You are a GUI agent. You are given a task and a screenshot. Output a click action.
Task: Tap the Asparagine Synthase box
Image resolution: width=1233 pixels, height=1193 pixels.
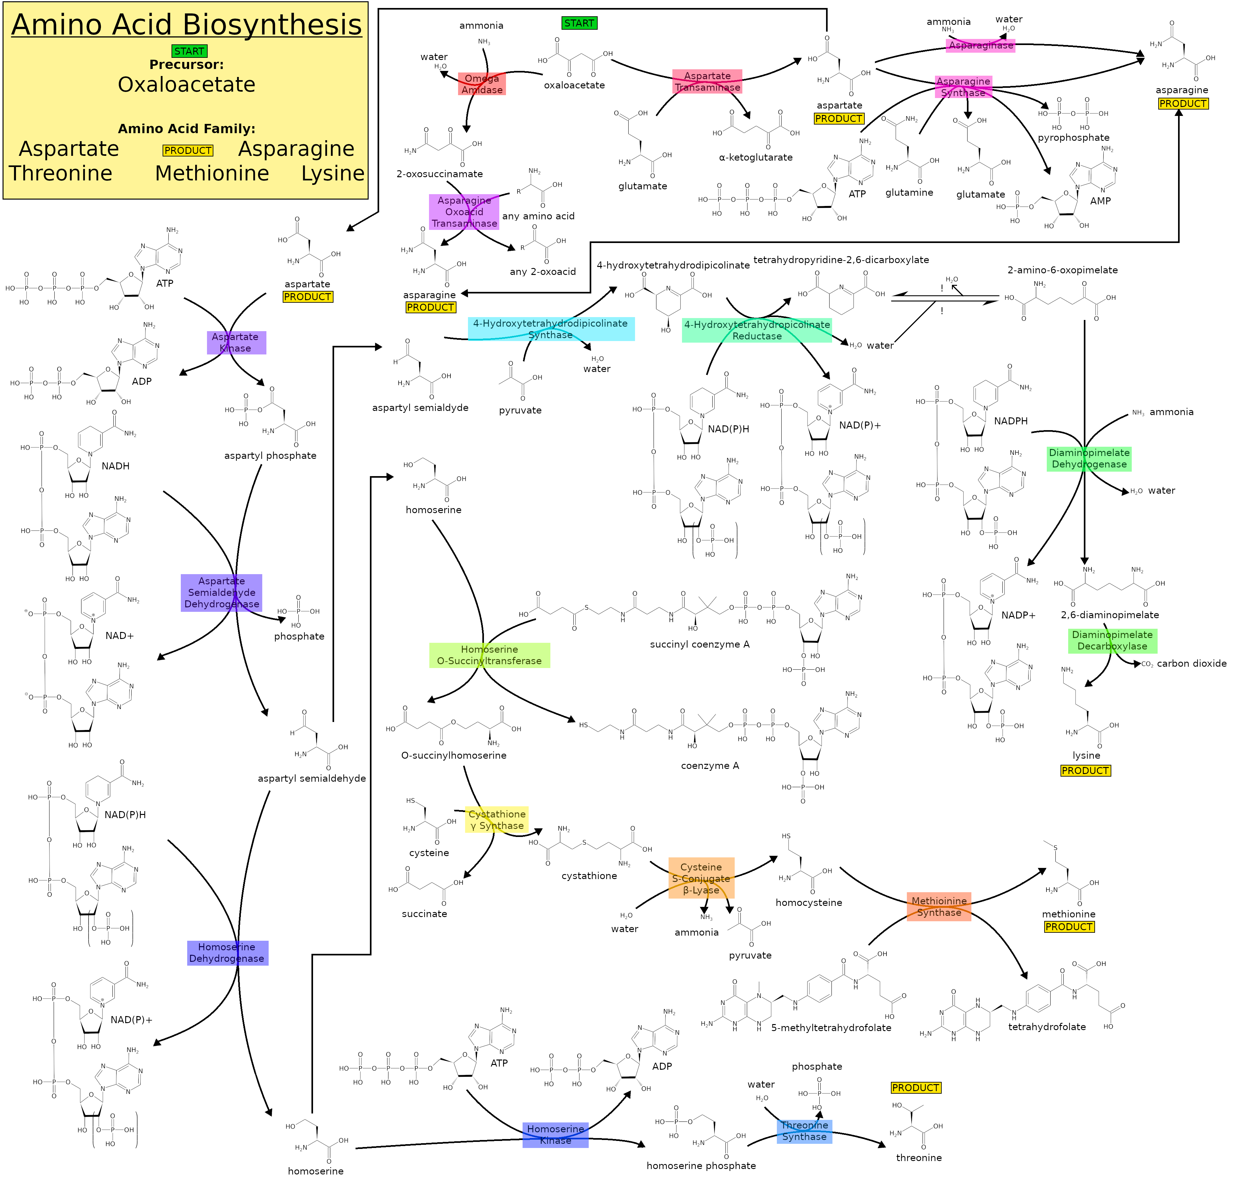[x=963, y=87]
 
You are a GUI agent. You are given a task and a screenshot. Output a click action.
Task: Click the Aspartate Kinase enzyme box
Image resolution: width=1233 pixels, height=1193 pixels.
[x=236, y=343]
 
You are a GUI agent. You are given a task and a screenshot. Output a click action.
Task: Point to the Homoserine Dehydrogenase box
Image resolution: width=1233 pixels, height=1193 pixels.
[x=227, y=953]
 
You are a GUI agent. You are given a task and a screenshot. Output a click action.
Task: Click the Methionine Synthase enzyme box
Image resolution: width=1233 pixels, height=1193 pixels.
[x=938, y=906]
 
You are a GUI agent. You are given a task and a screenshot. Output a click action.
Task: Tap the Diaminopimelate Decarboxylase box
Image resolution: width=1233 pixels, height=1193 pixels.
[x=1112, y=640]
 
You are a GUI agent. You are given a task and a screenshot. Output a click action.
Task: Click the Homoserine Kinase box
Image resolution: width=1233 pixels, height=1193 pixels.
[x=555, y=1135]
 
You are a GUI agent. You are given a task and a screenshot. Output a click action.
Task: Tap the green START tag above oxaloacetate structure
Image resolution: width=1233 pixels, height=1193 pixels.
[x=579, y=23]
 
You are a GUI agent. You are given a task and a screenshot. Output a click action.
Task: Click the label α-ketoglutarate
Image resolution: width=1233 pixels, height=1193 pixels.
[x=755, y=157]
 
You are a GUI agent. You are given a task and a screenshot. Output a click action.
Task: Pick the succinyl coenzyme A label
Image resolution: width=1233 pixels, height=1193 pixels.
[x=700, y=644]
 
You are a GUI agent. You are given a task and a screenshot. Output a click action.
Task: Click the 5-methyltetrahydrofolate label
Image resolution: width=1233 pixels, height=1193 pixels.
[x=831, y=1028]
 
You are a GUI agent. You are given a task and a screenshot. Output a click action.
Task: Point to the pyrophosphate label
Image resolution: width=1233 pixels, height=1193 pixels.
[x=1073, y=138]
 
